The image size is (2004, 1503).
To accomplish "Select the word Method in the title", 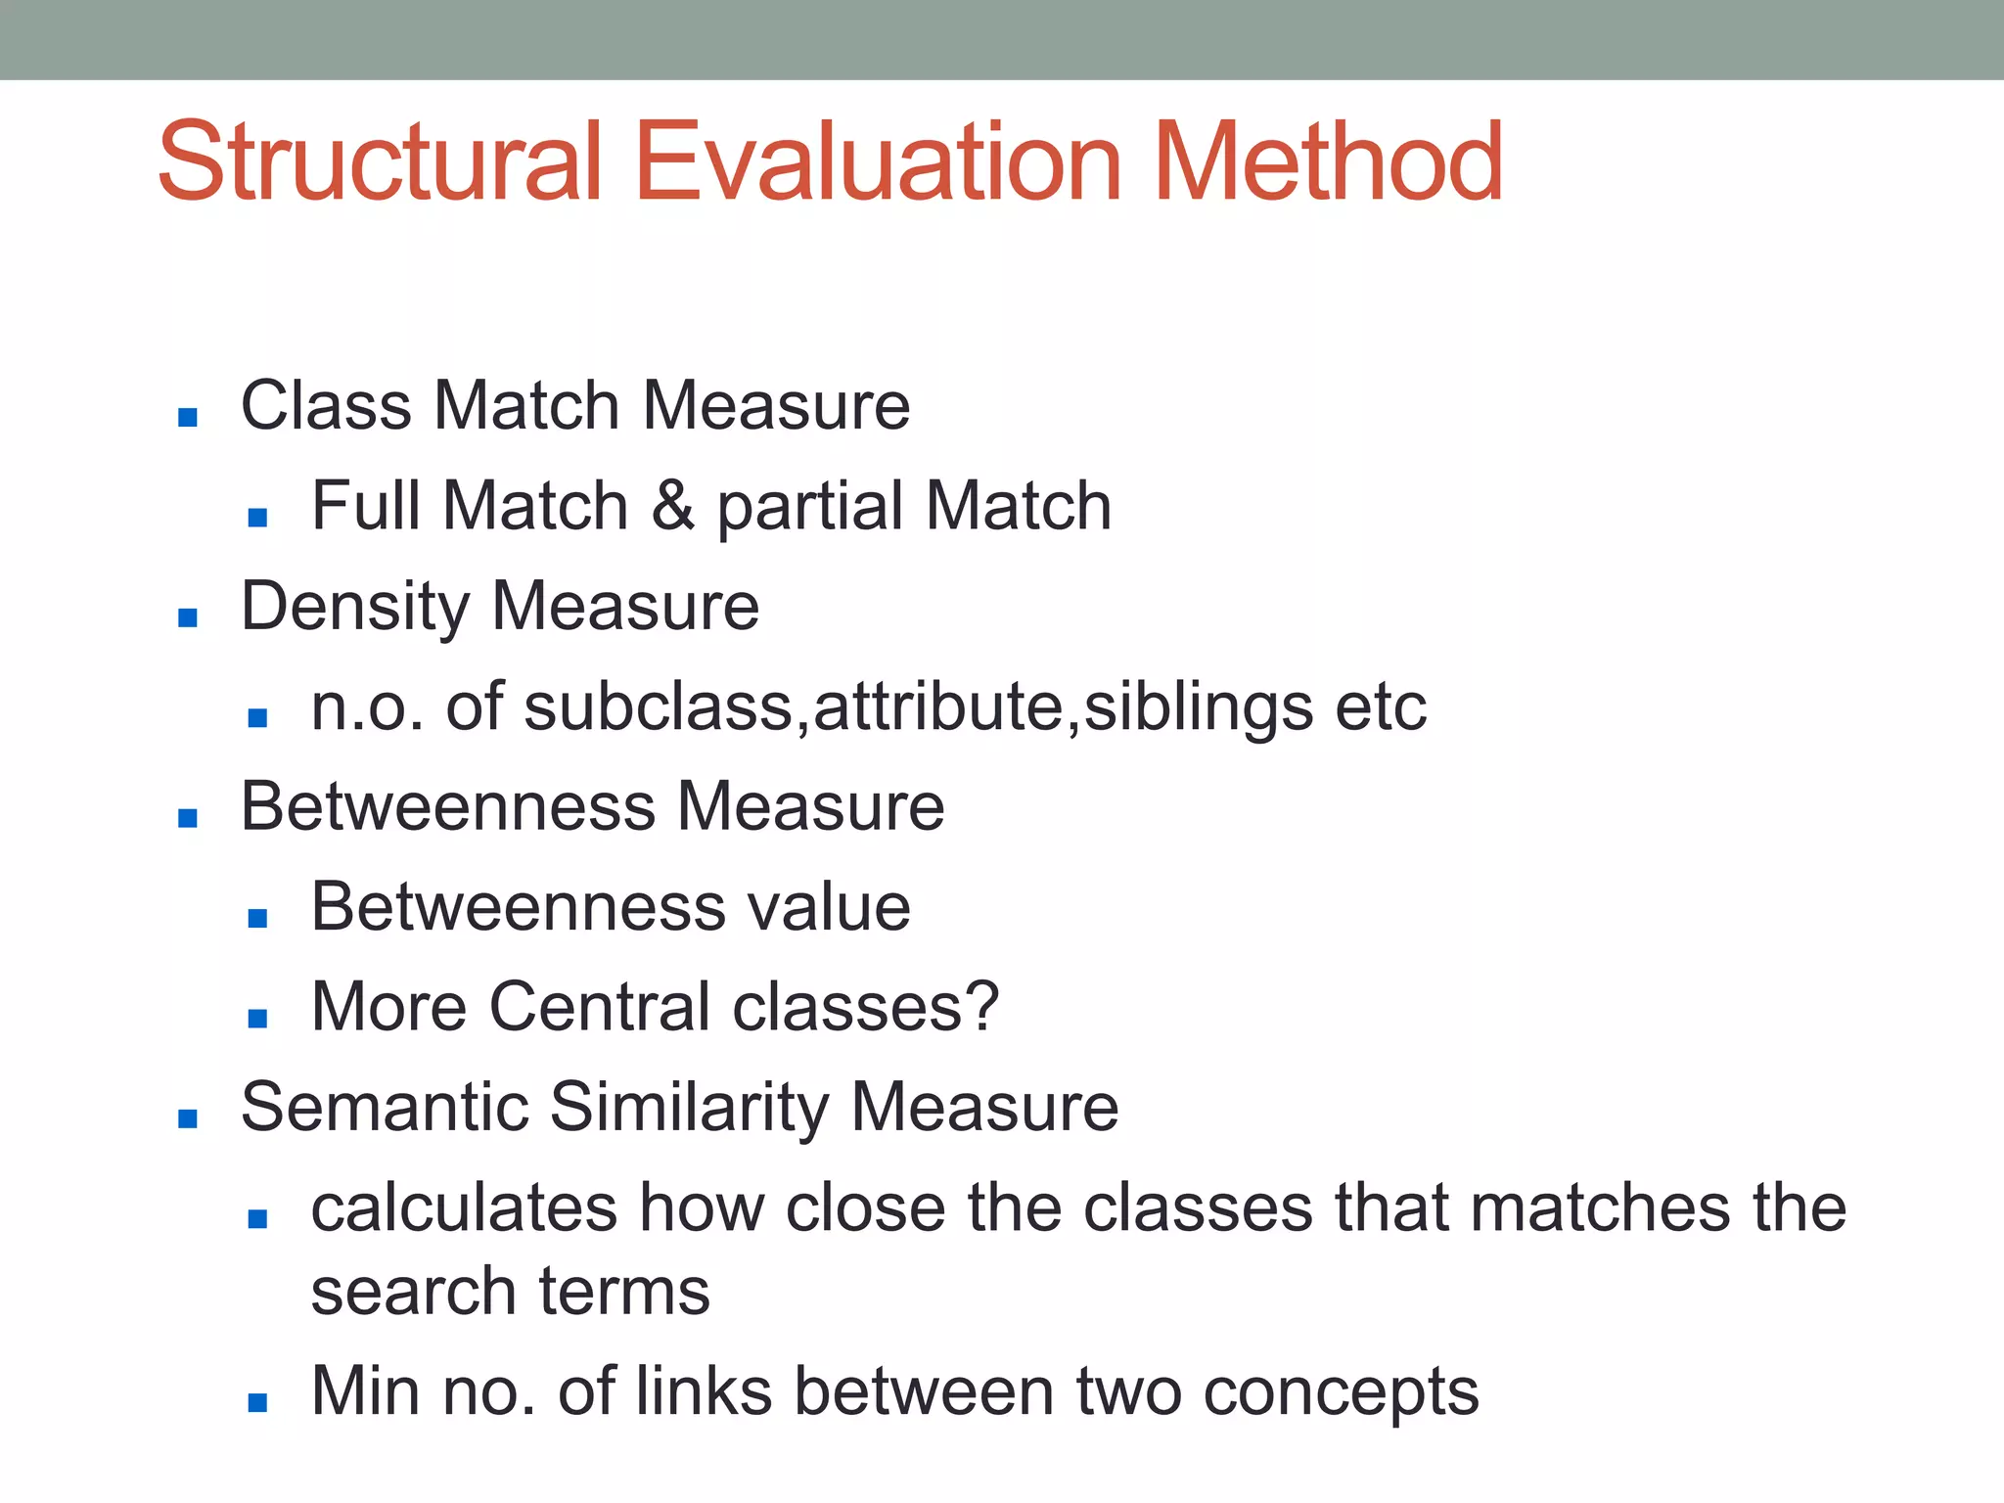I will pos(1327,161).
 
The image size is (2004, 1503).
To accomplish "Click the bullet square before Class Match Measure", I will pos(188,418).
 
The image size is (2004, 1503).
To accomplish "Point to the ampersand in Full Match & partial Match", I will pos(673,506).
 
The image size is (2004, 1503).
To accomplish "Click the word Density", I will pos(354,607).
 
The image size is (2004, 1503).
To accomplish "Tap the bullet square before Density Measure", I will pos(188,617).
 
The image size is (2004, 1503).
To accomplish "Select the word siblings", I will pos(1198,706).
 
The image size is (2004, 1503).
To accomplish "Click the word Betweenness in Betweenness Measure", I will pos(447,806).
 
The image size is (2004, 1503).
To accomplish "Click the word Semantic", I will pos(384,1107).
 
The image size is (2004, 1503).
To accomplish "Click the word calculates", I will pos(464,1207).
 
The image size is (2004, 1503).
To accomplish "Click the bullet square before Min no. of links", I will pos(257,1403).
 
